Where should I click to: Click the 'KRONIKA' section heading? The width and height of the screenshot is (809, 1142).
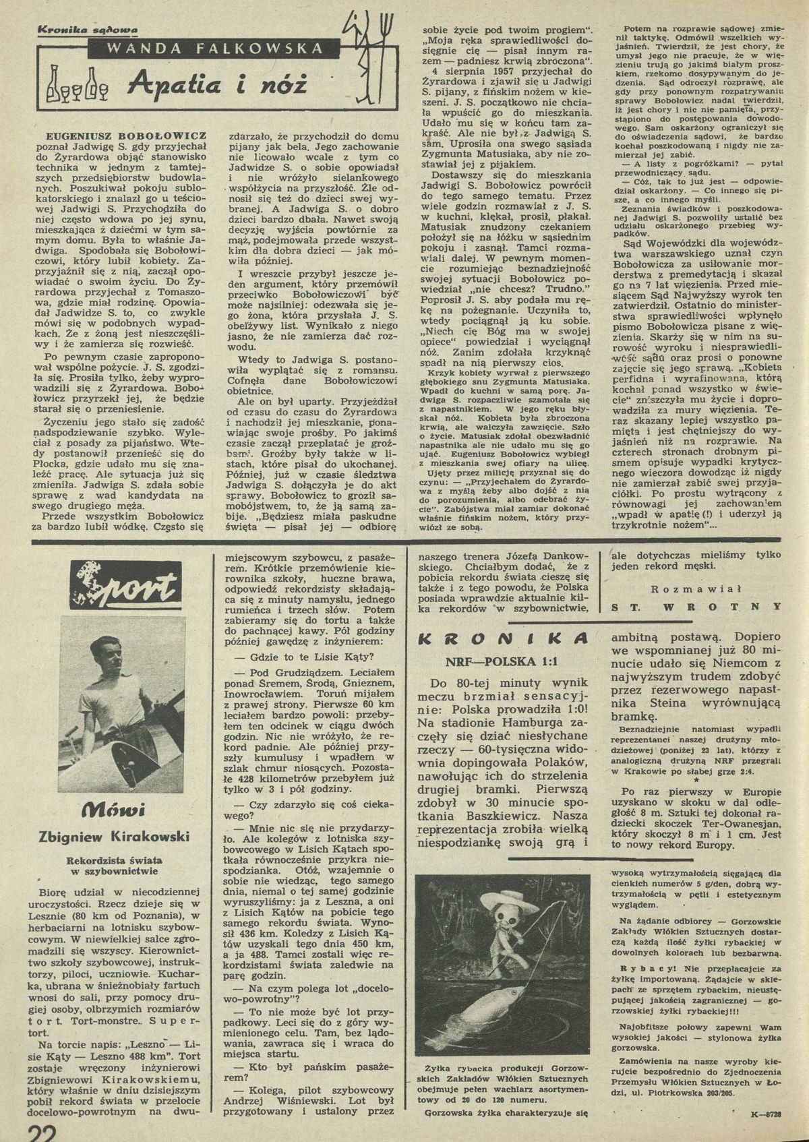pos(508,638)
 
